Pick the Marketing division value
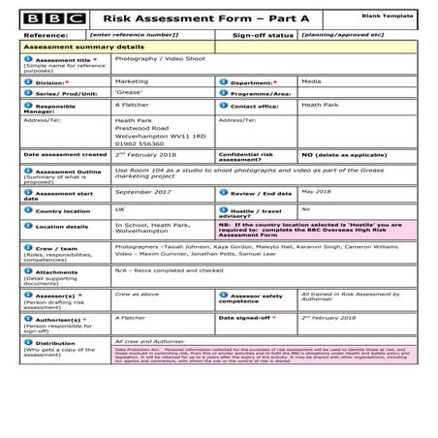point(133,81)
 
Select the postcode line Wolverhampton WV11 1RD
point(160,136)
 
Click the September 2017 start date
point(141,192)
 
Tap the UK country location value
point(120,208)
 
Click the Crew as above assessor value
point(136,292)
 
